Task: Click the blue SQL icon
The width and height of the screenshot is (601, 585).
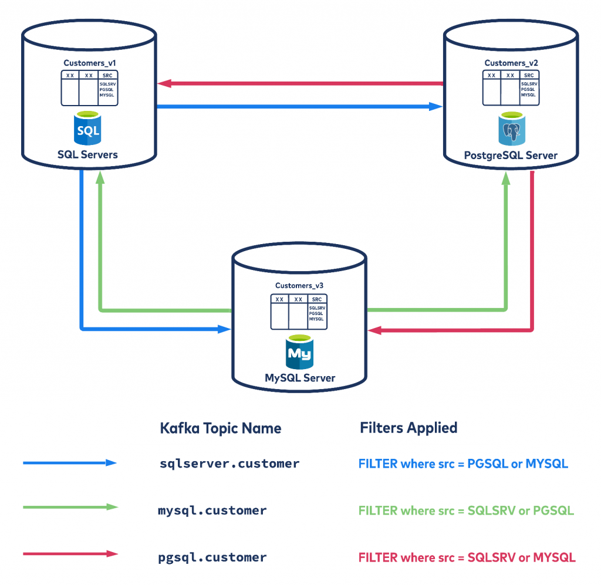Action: pos(87,129)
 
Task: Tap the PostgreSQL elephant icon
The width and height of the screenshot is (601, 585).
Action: pos(511,130)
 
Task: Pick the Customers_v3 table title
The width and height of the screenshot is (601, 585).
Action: pos(299,286)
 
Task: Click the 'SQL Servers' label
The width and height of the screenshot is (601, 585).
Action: pos(87,155)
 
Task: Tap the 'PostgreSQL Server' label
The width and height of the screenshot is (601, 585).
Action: pos(511,155)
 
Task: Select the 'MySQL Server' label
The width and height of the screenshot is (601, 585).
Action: pos(300,377)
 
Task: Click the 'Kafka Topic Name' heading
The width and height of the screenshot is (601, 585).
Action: pos(220,428)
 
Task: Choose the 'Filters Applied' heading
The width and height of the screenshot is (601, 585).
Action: pos(408,427)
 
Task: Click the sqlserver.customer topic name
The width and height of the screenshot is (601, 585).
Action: pos(229,464)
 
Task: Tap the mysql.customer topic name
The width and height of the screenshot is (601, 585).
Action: pos(212,510)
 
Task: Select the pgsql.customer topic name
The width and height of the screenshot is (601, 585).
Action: pos(212,557)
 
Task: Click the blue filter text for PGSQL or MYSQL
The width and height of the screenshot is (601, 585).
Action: pos(463,464)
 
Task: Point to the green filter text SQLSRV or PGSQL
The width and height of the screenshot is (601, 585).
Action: pos(466,510)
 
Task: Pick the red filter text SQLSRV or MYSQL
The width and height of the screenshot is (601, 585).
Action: pos(467,557)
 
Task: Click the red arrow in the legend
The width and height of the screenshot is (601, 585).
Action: pos(70,553)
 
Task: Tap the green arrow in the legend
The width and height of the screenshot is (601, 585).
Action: pos(70,506)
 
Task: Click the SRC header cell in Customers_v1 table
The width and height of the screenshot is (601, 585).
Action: pos(107,76)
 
